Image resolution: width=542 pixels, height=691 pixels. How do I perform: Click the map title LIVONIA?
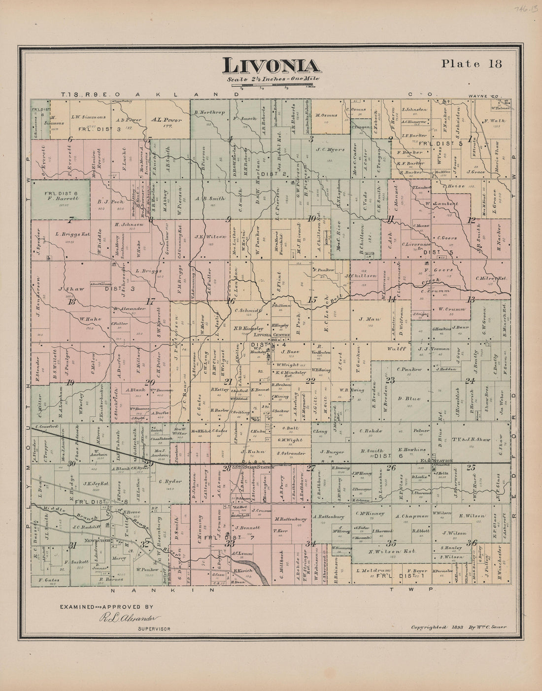pos(271,66)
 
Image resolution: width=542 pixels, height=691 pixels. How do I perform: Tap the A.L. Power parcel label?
pos(167,120)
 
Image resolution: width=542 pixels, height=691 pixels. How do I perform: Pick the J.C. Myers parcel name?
pos(330,149)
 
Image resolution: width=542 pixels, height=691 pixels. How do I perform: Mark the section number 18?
pos(72,302)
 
